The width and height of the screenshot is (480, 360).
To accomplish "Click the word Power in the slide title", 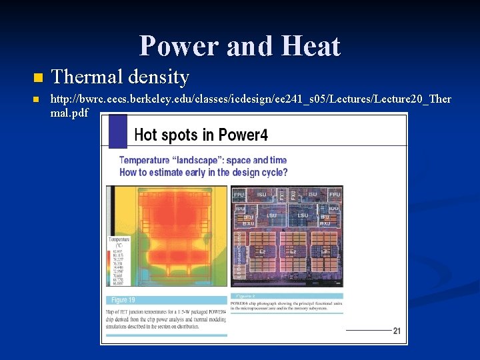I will [x=178, y=46].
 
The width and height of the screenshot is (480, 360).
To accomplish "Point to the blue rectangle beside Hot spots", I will [x=117, y=131].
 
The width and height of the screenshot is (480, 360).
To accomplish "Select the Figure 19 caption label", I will [x=124, y=299].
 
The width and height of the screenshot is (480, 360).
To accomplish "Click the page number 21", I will [x=397, y=331].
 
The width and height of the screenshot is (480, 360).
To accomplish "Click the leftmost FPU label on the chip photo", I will [x=239, y=195].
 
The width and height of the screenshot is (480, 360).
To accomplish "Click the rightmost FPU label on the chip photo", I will [x=334, y=195].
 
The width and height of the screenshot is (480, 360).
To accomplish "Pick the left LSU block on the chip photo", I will [x=271, y=215].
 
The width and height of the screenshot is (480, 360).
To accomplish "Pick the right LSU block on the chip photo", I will [x=303, y=215].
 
